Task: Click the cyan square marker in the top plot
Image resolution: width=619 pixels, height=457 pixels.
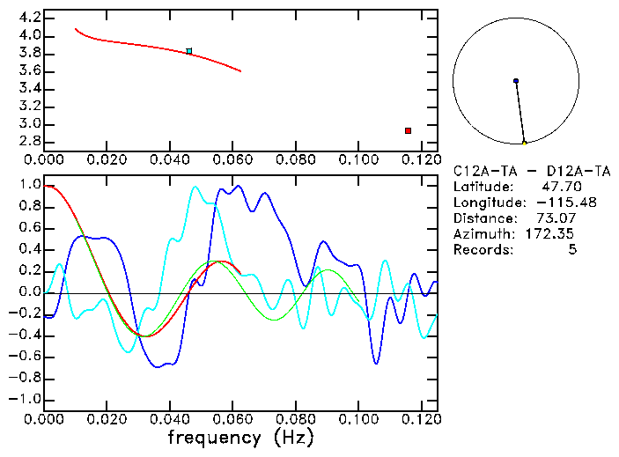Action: coord(189,51)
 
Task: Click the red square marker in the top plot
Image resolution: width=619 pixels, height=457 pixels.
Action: coord(408,130)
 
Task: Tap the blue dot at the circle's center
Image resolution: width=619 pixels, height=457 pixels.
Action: coord(516,81)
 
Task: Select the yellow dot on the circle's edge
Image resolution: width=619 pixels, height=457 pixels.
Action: coord(525,143)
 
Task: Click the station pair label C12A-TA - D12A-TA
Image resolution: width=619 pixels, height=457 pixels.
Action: coord(531,171)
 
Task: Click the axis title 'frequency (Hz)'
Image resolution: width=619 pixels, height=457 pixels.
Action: coord(240,437)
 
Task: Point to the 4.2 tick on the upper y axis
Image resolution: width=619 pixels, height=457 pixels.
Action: coord(29,18)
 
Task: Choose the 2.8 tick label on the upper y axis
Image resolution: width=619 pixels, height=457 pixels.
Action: coord(29,142)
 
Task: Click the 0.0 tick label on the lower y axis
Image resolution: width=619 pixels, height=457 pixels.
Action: coord(29,292)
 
